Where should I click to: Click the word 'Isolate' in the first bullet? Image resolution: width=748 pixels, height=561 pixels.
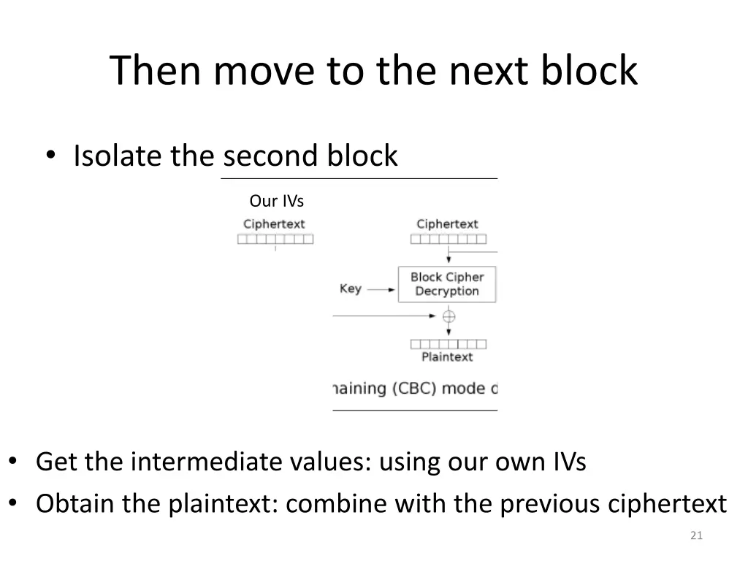pos(118,156)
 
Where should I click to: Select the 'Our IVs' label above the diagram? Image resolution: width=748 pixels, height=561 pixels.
pos(276,201)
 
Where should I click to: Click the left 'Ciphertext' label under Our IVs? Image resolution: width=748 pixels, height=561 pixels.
pos(274,224)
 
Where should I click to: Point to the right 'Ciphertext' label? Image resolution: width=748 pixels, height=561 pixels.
pos(447,224)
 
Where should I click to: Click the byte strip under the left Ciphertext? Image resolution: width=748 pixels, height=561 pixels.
pos(275,239)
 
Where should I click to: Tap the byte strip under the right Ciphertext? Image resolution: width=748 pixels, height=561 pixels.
pos(449,239)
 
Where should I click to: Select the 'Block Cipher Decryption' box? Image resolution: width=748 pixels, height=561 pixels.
pos(447,284)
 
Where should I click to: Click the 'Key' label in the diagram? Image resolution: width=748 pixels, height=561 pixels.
pos(351,289)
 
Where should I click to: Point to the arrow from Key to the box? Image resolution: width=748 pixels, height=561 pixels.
pos(381,289)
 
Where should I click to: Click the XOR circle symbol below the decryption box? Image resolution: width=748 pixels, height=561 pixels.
pos(449,316)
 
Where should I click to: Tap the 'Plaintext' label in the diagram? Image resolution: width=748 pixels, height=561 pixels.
pos(447,357)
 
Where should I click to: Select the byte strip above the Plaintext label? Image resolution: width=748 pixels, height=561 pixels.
pos(449,344)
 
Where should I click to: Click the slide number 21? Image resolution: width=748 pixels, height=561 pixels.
pos(696,536)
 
